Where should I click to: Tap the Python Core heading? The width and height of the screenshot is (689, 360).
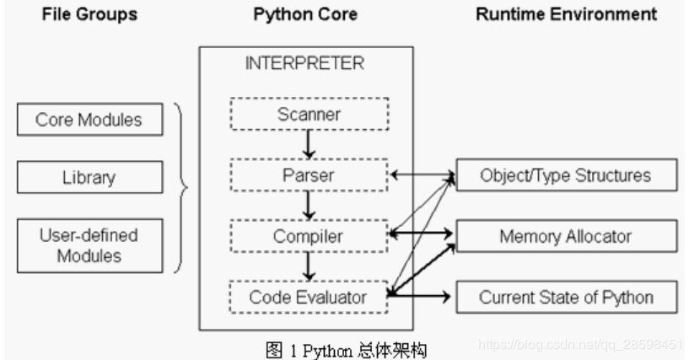305,15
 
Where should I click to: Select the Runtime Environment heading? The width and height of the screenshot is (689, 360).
567,15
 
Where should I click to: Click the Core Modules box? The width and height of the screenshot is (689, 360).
88,120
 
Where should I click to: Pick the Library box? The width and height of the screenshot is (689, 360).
88,178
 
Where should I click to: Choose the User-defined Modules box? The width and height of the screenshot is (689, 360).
88,244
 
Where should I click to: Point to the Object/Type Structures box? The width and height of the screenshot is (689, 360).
566,175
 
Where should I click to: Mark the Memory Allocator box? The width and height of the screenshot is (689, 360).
566,236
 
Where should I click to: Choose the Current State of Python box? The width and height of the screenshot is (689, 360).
566,297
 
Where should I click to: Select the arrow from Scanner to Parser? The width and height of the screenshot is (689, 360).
310,144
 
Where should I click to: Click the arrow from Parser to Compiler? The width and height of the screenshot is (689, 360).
310,205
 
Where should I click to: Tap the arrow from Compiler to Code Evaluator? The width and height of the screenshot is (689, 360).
310,266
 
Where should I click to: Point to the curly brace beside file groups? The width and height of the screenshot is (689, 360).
180,187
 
